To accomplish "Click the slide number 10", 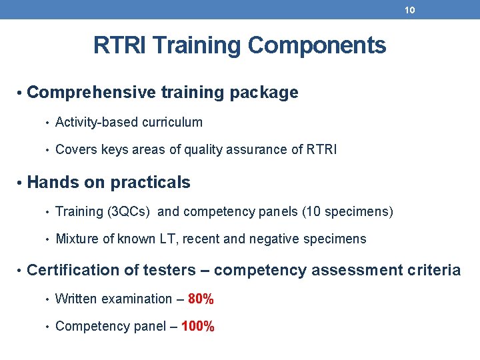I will (410, 10).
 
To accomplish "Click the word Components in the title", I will (317, 46).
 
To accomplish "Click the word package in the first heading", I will (263, 93).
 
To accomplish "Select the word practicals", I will (150, 183).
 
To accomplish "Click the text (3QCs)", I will (130, 212).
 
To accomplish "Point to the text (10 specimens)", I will (347, 212).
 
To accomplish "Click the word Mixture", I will (76, 239).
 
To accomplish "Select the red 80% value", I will (201, 299).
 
